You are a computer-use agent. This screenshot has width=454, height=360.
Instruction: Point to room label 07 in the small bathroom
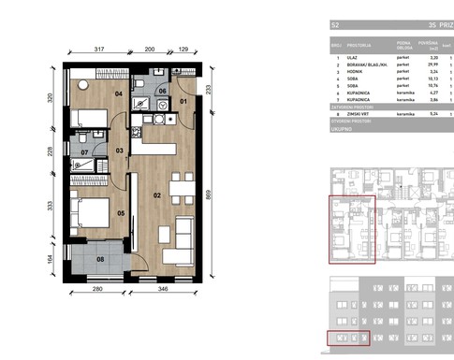[84, 151]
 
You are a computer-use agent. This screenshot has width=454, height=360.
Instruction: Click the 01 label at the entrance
[183, 100]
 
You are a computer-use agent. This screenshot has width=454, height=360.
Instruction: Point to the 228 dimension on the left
[51, 151]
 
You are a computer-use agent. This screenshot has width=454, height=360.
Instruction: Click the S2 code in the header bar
[335, 25]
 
